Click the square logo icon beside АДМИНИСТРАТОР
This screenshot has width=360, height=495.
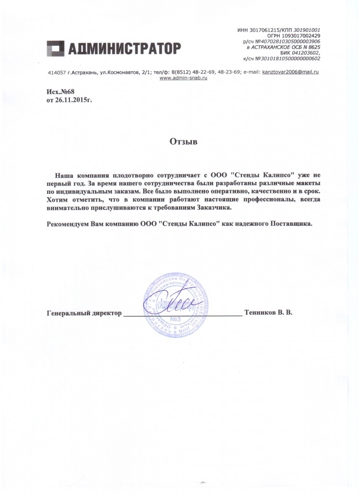(54, 48)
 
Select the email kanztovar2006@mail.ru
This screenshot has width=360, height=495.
(291, 72)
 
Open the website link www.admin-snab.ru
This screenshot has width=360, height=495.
(183, 78)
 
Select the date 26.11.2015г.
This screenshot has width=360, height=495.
(73, 99)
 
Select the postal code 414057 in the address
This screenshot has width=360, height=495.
(56, 72)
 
